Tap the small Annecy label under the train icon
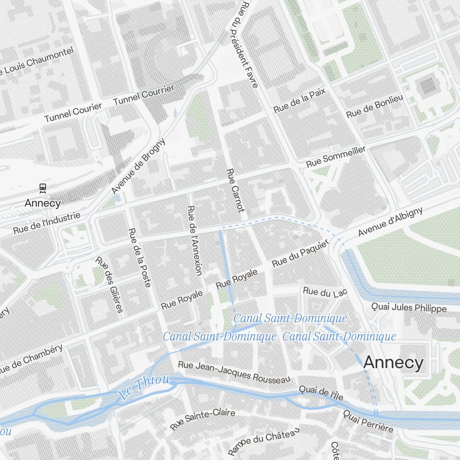43,203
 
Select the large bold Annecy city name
393,362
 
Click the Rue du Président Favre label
249,44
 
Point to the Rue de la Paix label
299,101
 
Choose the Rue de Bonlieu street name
374,106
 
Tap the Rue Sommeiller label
336,157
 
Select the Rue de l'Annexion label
195,241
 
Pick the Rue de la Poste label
139,258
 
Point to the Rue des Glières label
109,284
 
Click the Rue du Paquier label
301,254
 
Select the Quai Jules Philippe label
409,308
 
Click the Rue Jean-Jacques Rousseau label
234,372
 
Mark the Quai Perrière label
368,421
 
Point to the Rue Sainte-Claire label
202,419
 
